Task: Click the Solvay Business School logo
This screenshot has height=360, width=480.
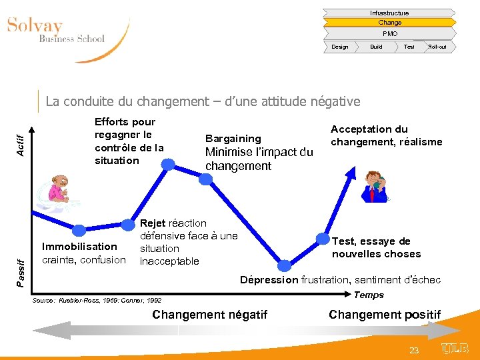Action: coord(56,31)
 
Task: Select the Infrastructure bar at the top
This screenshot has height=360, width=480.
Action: coord(389,13)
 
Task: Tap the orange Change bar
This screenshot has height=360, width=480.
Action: coord(389,23)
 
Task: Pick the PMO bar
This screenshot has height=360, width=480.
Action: coord(389,33)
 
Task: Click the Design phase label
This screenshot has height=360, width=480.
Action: coord(340,47)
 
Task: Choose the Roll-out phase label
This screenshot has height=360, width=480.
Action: coord(437,47)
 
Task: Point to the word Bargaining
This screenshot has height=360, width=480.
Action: coord(233,139)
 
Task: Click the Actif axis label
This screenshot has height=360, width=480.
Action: coord(21,143)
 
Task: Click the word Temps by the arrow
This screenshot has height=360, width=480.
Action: coord(369,295)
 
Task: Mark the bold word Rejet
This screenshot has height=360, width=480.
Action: coord(153,223)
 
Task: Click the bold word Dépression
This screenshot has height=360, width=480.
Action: coord(269,280)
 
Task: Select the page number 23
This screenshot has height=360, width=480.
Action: coord(414,350)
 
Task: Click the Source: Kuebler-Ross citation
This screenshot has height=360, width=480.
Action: coord(97,301)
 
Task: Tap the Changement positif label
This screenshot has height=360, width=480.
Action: coord(385,315)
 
